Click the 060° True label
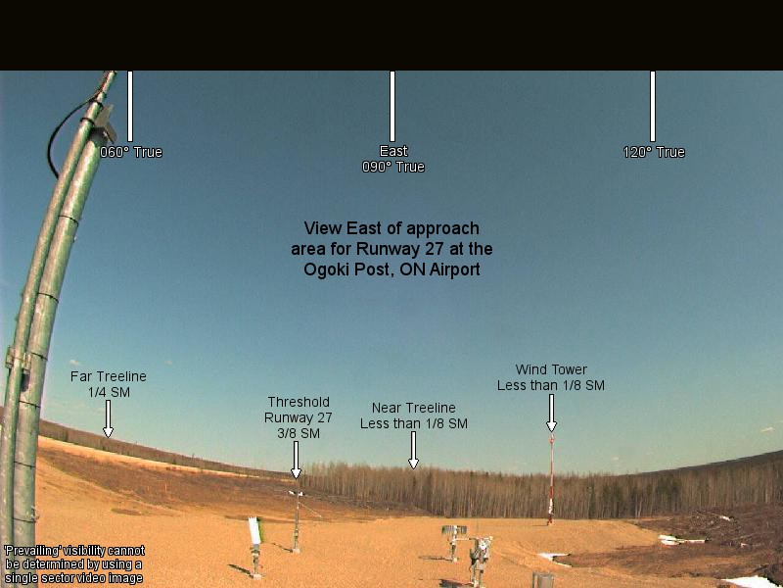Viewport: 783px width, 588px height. pos(131,152)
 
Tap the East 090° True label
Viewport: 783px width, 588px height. pos(393,159)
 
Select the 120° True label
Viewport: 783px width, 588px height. pos(654,152)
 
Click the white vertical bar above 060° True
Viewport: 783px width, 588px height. pos(130,106)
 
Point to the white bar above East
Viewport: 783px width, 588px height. pos(392,106)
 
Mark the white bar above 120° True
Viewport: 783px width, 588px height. pos(653,106)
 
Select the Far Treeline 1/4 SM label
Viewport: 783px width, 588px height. pos(109,384)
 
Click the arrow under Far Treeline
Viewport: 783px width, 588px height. pos(108,418)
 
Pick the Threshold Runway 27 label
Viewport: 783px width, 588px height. pos(299,417)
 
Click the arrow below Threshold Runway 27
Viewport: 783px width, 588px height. pos(297,460)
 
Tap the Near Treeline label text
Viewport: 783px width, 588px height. pos(413,416)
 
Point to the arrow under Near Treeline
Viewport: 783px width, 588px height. pos(413,450)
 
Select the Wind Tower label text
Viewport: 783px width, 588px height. pos(551,377)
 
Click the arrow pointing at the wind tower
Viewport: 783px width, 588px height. pos(551,413)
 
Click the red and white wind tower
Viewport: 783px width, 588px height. pos(551,480)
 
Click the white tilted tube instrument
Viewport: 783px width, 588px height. pos(255,530)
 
